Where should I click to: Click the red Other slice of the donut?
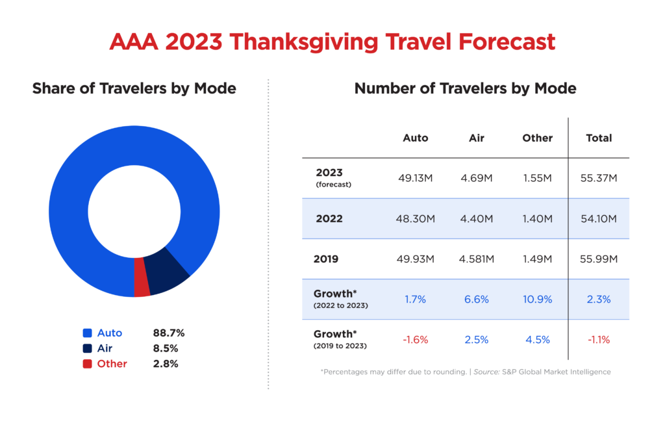click(142, 278)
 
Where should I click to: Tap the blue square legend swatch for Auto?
click(87, 333)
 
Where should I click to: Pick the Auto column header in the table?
click(415, 138)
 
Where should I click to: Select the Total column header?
click(598, 138)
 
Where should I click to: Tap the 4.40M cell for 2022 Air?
click(476, 219)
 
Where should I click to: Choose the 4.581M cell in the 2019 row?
click(476, 259)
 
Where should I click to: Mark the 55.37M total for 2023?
click(598, 178)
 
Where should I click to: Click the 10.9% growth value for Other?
click(537, 300)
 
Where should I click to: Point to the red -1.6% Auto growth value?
click(415, 340)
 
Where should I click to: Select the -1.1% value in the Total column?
click(598, 340)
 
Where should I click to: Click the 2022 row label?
click(329, 219)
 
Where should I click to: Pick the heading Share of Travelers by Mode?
click(134, 88)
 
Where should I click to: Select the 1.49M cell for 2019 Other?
click(537, 259)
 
